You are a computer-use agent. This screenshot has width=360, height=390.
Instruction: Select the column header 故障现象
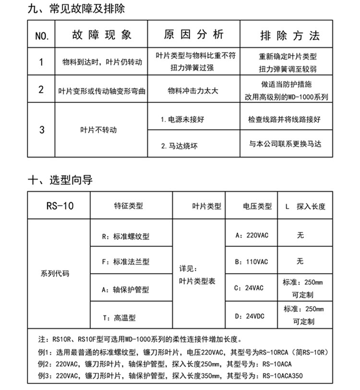[102, 35]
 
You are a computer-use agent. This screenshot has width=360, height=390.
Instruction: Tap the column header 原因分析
[194, 35]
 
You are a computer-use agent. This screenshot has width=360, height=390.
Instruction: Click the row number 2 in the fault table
[41, 89]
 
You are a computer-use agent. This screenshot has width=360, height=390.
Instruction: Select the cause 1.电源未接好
[182, 119]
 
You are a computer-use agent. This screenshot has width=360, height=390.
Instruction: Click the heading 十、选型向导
[60, 180]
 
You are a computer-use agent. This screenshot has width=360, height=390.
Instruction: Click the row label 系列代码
[55, 274]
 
